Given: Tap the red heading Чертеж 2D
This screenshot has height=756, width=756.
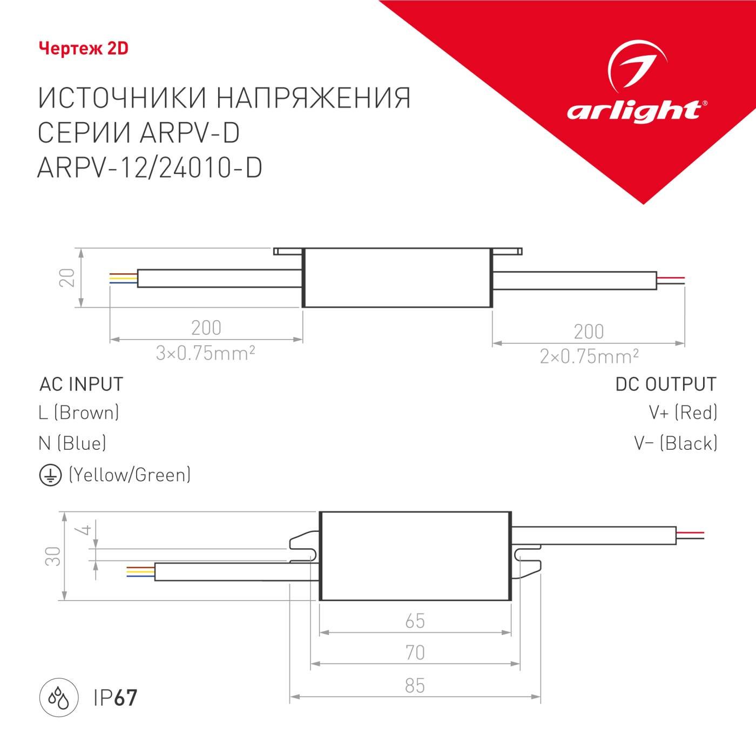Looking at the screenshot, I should [x=84, y=49].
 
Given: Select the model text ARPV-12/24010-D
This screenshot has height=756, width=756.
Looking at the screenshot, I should [x=150, y=168].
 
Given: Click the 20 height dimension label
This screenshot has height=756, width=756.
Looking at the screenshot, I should [x=67, y=278].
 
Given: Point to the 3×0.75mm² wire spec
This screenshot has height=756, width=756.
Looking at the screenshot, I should [x=205, y=353].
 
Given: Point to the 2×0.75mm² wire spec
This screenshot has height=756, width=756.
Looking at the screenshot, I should [x=589, y=356].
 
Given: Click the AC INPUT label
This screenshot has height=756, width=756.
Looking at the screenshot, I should [x=82, y=384].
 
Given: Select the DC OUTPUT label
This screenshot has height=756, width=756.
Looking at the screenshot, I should [x=666, y=384].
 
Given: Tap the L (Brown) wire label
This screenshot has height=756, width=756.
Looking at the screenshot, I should [x=79, y=413].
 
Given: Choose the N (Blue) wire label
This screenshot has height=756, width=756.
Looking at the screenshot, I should [x=72, y=443].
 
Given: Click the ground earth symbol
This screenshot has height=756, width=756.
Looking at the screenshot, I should [x=50, y=475].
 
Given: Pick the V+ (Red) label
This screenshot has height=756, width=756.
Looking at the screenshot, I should [x=683, y=413].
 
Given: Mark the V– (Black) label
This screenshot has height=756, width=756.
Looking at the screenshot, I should [x=676, y=443].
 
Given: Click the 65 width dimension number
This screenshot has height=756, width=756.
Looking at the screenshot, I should [x=415, y=621].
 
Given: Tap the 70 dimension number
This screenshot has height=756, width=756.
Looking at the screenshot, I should [x=415, y=653].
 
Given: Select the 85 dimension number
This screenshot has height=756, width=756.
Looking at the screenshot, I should [x=415, y=686].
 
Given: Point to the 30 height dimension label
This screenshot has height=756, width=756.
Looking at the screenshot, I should [x=53, y=556].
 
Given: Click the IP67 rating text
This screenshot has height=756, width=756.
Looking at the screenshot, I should [x=115, y=698].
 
